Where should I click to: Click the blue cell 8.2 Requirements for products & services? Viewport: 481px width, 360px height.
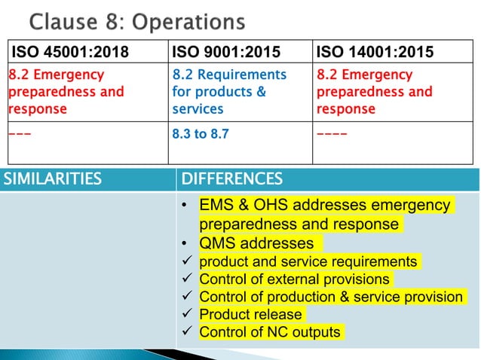tap(229, 92)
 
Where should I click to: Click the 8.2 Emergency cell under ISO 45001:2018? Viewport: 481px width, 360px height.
tap(66, 92)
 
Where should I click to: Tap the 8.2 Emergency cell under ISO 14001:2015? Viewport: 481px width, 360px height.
tap(375, 92)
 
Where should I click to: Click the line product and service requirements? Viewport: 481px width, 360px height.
tap(308, 261)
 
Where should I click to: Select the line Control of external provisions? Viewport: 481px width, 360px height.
tap(294, 279)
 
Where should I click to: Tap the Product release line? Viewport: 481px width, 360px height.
tap(250, 314)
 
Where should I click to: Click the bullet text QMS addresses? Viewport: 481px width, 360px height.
tap(256, 243)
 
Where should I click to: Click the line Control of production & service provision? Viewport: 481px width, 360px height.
tap(331, 297)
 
